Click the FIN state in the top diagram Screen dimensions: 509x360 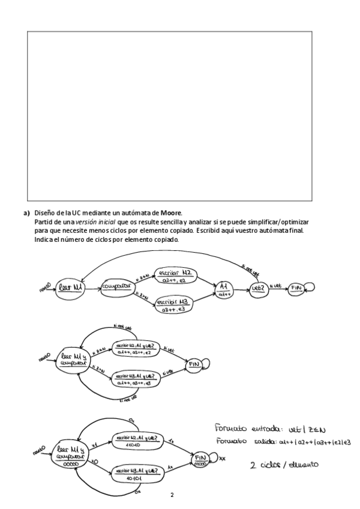point(297,289)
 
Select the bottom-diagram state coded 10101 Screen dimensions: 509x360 point(136,475)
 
